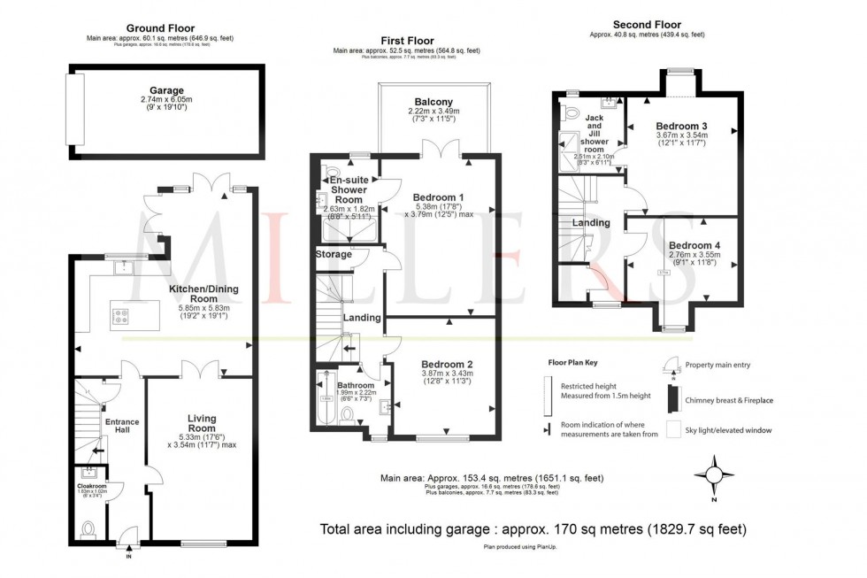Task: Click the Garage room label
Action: [x=166, y=90]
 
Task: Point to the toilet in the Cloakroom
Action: [x=88, y=528]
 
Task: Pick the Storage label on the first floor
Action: [x=334, y=255]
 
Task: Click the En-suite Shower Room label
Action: [x=349, y=184]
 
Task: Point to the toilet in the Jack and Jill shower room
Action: [x=571, y=112]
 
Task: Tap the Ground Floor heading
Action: [x=160, y=28]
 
